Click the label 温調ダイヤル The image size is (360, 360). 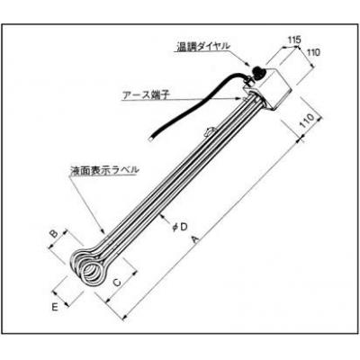(x=203, y=47)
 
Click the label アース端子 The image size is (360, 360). (x=146, y=94)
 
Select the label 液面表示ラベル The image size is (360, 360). (x=104, y=170)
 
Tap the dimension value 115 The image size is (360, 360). (x=294, y=40)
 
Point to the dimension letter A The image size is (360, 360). (x=195, y=239)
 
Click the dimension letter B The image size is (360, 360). (x=54, y=234)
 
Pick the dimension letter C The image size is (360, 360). (x=117, y=283)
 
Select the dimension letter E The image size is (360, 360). (x=55, y=307)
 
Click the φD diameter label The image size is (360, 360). (x=180, y=227)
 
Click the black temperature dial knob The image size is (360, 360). (x=257, y=73)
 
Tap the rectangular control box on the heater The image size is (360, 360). (x=268, y=87)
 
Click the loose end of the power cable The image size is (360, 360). (x=151, y=139)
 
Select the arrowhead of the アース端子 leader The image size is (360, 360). (x=238, y=98)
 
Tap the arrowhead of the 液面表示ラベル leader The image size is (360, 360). (x=103, y=231)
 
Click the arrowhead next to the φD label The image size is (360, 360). (x=162, y=214)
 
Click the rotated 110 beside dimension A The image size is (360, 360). (x=308, y=121)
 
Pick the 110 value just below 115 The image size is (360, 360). (x=314, y=52)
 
